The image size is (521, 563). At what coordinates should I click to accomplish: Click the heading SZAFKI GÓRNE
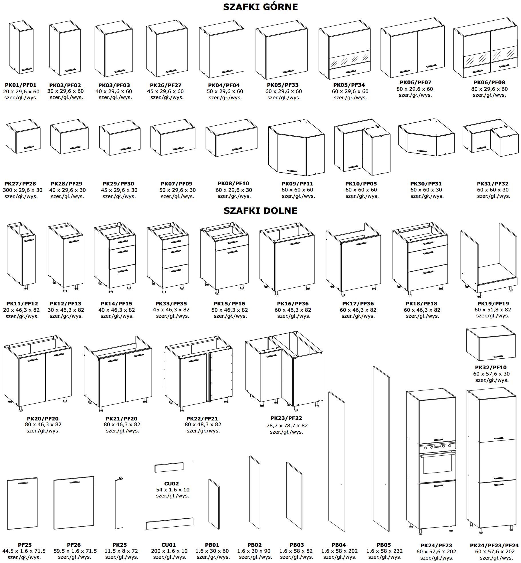tap(260, 7)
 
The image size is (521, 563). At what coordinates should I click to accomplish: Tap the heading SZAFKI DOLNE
tap(260, 211)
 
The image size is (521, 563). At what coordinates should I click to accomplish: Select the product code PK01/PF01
tap(21, 85)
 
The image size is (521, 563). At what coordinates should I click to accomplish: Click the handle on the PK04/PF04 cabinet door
tap(227, 71)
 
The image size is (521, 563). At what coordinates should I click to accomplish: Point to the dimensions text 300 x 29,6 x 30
tap(23, 190)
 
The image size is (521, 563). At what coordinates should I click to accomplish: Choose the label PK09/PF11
tap(297, 184)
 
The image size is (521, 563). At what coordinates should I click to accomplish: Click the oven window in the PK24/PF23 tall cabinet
tap(437, 463)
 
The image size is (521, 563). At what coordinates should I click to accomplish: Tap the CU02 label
tap(171, 484)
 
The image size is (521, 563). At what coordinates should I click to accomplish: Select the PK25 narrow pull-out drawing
tap(119, 503)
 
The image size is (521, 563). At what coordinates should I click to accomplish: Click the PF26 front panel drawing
tap(74, 503)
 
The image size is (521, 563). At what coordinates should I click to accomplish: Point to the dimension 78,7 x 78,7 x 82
tap(287, 426)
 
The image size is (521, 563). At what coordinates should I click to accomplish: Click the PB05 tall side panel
tap(381, 449)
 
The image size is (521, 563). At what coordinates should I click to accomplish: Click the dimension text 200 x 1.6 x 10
tap(169, 551)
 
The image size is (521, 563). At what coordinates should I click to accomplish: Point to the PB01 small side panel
tap(214, 504)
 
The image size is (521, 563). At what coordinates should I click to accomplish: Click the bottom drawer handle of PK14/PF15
tap(123, 271)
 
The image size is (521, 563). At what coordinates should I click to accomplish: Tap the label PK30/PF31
tap(426, 184)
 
